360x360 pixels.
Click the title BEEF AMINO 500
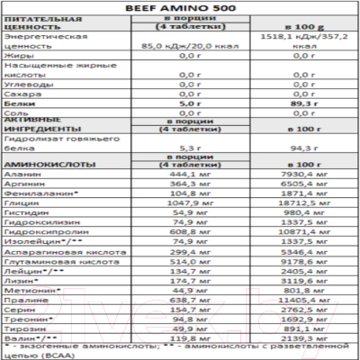pyautogui.click(x=181, y=6)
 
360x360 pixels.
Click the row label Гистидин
pyautogui.click(x=26, y=214)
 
